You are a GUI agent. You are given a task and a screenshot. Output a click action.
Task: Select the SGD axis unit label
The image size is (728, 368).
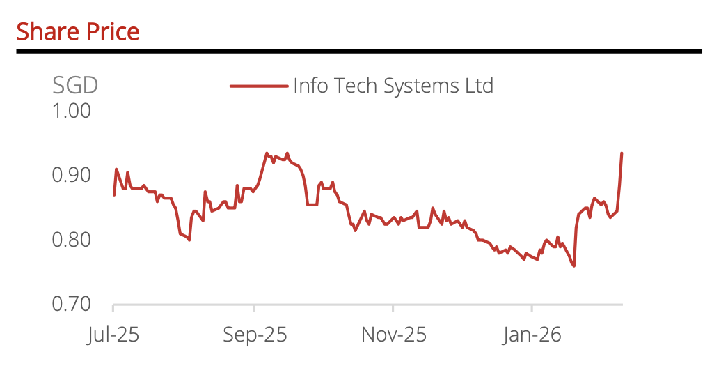(75, 85)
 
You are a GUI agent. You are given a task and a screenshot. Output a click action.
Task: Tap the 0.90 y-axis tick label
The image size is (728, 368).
(72, 175)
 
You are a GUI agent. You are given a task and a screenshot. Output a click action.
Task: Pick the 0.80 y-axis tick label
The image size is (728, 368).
(72, 240)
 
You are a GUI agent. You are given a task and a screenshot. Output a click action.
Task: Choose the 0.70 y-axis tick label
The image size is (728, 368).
(72, 305)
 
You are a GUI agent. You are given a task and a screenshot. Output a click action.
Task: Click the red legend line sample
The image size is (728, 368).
(259, 86)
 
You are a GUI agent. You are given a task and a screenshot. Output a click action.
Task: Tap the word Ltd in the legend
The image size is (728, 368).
(479, 86)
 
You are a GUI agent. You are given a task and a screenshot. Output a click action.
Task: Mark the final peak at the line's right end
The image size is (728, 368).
(622, 153)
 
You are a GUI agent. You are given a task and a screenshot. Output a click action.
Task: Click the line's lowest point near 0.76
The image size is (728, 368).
(574, 266)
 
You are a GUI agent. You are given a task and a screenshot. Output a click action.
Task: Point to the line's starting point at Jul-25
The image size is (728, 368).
(114, 194)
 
